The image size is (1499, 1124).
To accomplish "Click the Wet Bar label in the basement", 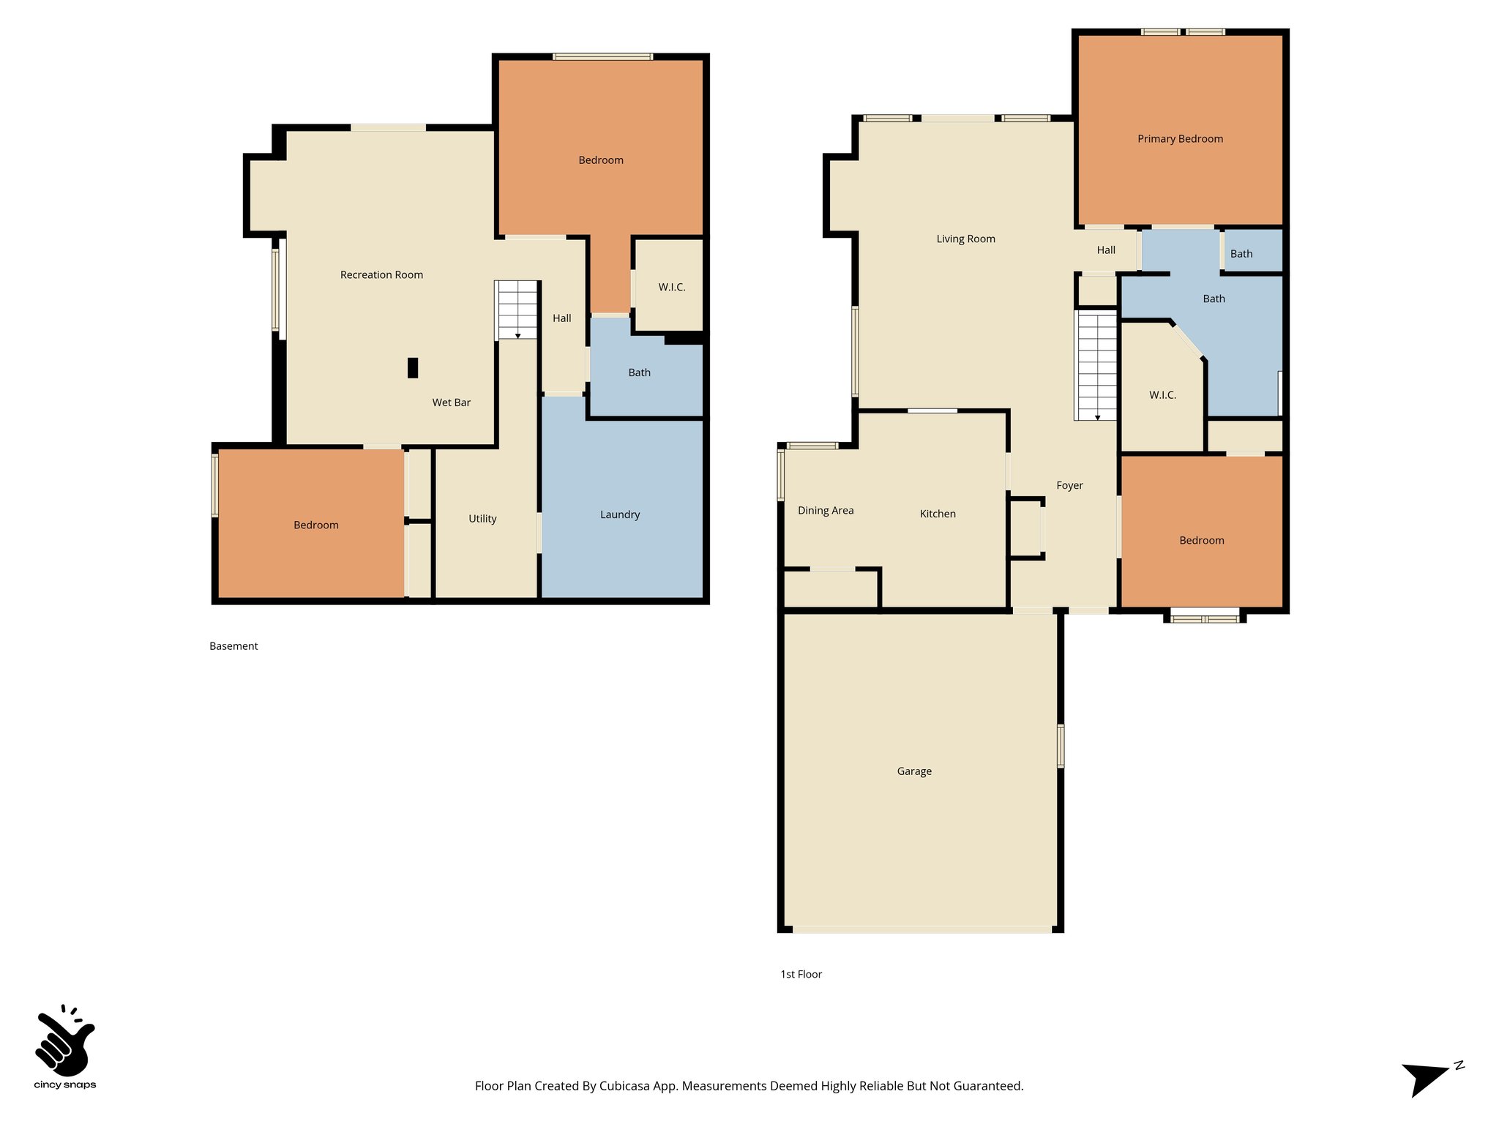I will pyautogui.click(x=451, y=402).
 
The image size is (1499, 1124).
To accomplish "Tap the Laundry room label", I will pyautogui.click(x=620, y=514).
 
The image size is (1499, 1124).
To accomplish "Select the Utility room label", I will pyautogui.click(x=482, y=519).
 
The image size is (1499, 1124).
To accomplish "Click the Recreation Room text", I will pyautogui.click(x=381, y=275).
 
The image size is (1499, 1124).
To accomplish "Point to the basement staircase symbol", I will pyautogui.click(x=517, y=310).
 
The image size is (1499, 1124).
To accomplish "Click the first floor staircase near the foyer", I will pyautogui.click(x=1096, y=365).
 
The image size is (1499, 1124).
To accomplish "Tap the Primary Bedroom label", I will pyautogui.click(x=1180, y=139).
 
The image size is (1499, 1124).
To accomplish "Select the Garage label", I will pyautogui.click(x=914, y=771).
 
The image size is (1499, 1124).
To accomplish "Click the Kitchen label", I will pyautogui.click(x=938, y=514).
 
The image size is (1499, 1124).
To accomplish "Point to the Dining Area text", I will pyautogui.click(x=826, y=511).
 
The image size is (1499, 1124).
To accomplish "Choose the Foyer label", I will pyautogui.click(x=1069, y=486).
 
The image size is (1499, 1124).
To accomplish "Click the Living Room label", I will pyautogui.click(x=965, y=239).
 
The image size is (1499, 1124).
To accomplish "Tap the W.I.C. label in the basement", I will pyautogui.click(x=671, y=288).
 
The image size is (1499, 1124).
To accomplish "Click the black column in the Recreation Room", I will pyautogui.click(x=413, y=367).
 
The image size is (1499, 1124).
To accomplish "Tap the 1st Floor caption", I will pyautogui.click(x=801, y=975).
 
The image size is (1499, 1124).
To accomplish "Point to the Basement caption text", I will pyautogui.click(x=233, y=646).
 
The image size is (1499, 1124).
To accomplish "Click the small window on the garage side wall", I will pyautogui.click(x=1061, y=746).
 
